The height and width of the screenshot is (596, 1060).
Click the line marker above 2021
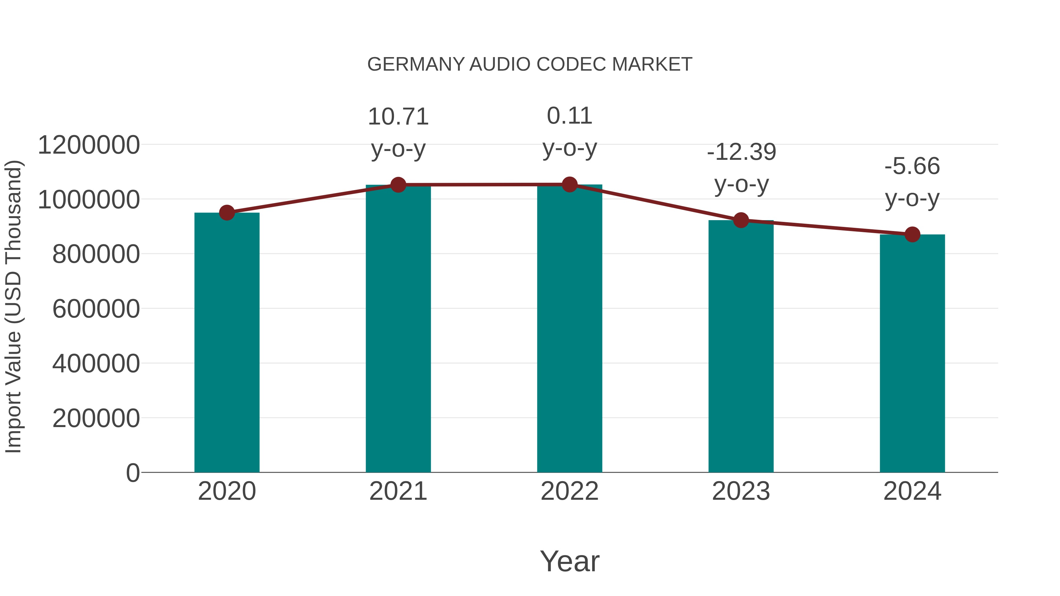pyautogui.click(x=398, y=185)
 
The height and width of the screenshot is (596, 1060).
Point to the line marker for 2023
pyautogui.click(x=741, y=220)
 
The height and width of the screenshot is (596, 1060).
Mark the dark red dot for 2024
pyautogui.click(x=912, y=235)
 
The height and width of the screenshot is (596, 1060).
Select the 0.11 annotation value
pyautogui.click(x=569, y=116)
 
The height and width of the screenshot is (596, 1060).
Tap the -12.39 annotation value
pyautogui.click(x=741, y=152)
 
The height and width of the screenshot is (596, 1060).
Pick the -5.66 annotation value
pyautogui.click(x=912, y=166)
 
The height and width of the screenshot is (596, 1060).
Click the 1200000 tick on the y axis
pyautogui.click(x=88, y=145)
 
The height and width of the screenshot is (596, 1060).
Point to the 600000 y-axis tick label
pyautogui.click(x=96, y=309)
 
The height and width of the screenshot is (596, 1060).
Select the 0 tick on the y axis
pyautogui.click(x=132, y=473)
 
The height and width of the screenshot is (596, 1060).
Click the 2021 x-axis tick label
pyautogui.click(x=398, y=491)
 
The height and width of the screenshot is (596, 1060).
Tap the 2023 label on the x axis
pyautogui.click(x=741, y=491)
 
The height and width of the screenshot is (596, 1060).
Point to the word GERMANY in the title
pyautogui.click(x=415, y=64)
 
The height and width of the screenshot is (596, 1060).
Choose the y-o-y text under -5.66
pyautogui.click(x=912, y=199)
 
